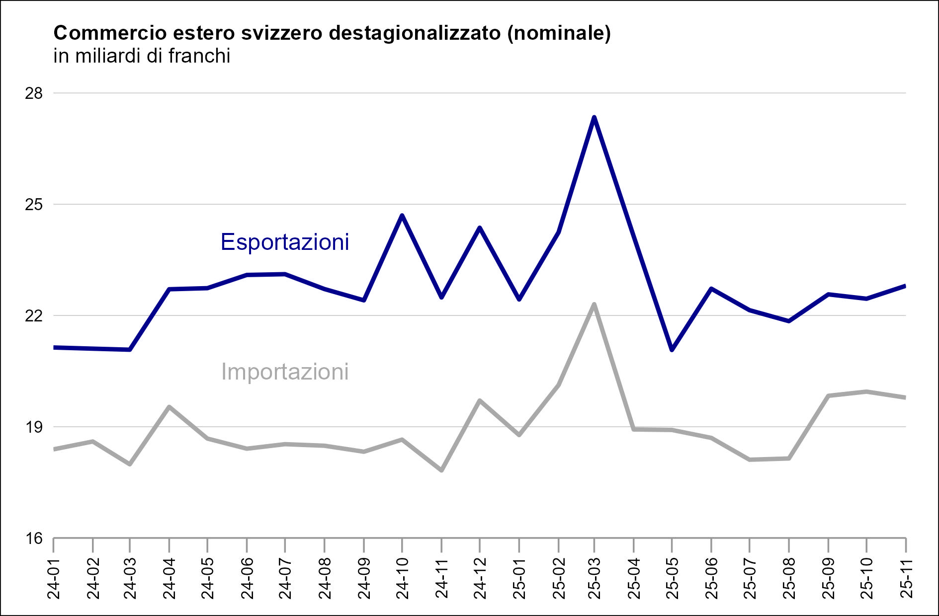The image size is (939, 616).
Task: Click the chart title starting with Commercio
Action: coord(332,33)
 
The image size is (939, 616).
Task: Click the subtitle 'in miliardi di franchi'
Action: coord(142,56)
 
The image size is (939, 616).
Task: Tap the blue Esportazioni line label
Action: coord(284,242)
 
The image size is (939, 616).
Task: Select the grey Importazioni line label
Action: coord(284,372)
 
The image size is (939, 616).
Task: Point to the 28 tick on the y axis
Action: coord(34,93)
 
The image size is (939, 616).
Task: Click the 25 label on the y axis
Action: coord(34,205)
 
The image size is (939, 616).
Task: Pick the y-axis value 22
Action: coord(34,316)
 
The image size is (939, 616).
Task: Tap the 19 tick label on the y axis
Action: coord(34,427)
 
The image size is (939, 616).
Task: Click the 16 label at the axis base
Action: coord(34,539)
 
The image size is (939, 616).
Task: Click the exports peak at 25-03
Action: coord(594,117)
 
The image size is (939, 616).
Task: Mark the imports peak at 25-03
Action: coord(594,304)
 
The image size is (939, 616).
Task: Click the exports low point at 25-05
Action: coord(672,350)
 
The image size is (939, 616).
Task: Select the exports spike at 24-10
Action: coord(402,215)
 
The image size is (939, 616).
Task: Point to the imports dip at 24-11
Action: coord(441,470)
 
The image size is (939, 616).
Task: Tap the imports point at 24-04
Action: coord(170,407)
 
